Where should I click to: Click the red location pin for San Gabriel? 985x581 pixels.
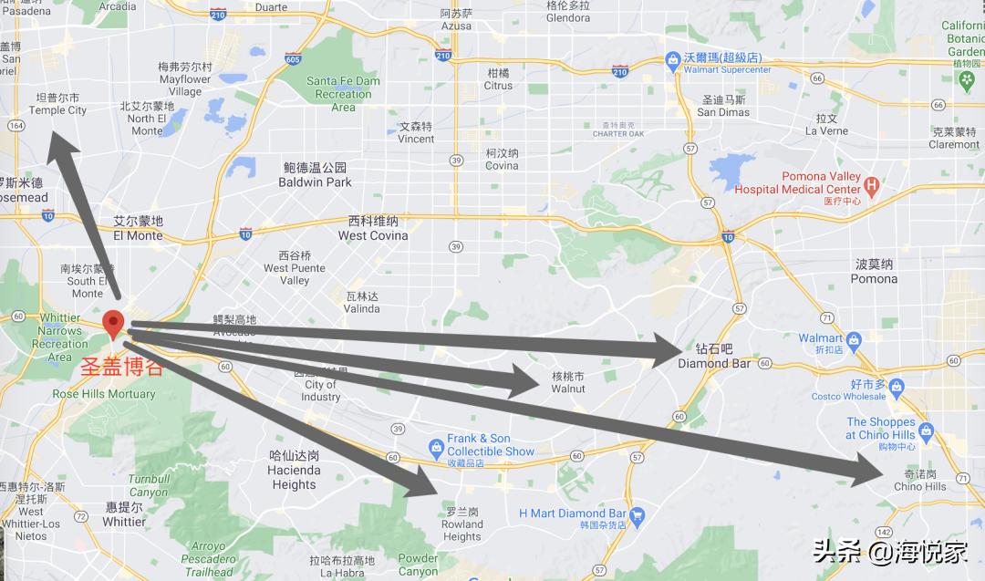click(x=113, y=324)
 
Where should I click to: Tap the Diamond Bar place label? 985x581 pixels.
click(x=714, y=357)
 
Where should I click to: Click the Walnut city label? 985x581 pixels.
click(x=567, y=382)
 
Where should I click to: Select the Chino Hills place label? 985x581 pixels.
click(x=919, y=481)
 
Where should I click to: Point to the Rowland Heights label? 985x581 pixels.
click(x=461, y=524)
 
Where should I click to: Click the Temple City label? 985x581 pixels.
click(x=58, y=104)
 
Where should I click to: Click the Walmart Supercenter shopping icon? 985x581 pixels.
click(x=672, y=61)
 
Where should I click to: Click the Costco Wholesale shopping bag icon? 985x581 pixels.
click(x=896, y=387)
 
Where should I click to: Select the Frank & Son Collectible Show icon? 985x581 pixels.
click(x=436, y=446)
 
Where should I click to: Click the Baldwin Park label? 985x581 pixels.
click(x=315, y=175)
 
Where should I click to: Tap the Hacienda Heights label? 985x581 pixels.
click(x=294, y=470)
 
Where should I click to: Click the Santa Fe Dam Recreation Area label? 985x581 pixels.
click(x=343, y=94)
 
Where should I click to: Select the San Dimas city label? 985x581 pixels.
click(x=723, y=106)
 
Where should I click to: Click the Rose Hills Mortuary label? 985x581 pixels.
click(x=104, y=394)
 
